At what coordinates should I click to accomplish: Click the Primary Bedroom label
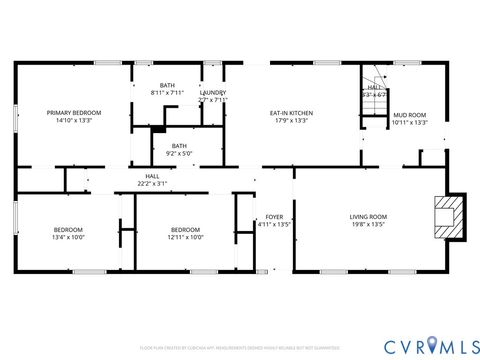click(74, 113)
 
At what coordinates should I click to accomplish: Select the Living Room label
click(368, 217)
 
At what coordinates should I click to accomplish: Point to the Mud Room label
click(409, 115)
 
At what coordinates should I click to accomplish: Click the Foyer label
click(273, 217)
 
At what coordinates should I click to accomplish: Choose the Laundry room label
click(213, 92)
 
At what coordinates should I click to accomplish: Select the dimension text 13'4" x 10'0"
click(68, 237)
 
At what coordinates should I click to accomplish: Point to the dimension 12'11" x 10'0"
click(185, 237)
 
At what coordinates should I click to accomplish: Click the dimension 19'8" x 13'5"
click(368, 225)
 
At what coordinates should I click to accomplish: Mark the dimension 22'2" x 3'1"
click(153, 184)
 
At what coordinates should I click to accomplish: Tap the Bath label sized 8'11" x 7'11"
click(167, 85)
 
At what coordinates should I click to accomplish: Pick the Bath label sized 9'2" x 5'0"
click(178, 146)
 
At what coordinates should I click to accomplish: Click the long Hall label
click(153, 176)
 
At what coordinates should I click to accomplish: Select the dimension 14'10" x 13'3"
click(74, 121)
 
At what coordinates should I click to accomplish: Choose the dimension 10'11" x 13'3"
click(409, 123)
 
